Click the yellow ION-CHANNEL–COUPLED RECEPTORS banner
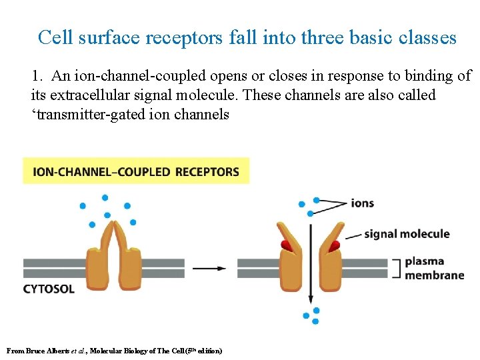coord(136,171)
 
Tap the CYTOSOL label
coord(49,289)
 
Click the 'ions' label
coord(363,203)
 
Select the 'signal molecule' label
coord(407,234)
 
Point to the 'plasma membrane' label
coord(434,268)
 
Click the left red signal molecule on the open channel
coord(287,245)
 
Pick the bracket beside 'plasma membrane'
coord(396,268)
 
